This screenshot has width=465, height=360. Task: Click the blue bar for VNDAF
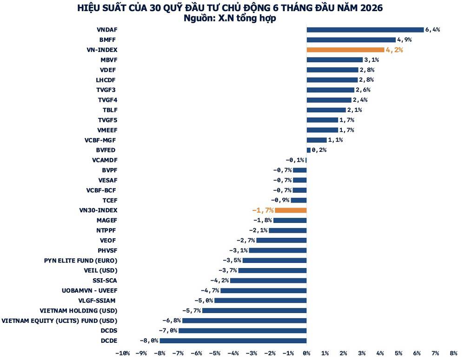(365, 30)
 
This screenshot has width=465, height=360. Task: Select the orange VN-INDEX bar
(345, 50)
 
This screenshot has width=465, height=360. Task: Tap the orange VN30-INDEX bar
(291, 210)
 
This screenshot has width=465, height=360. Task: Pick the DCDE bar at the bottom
(233, 341)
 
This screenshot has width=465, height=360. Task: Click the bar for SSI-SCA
(268, 281)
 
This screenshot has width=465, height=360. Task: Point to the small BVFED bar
(308, 150)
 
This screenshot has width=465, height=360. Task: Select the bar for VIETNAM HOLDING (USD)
(254, 310)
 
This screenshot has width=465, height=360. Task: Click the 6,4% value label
(432, 30)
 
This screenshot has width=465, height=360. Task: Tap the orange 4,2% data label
(394, 50)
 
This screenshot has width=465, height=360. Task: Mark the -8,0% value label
(149, 341)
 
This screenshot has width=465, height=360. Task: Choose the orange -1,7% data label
(263, 210)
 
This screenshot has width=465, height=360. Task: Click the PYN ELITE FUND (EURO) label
(80, 261)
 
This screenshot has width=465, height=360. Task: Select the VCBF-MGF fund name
(100, 140)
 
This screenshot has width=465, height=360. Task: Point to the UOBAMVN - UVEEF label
(90, 291)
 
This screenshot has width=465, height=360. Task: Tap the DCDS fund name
(109, 331)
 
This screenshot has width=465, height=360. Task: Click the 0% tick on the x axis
(306, 353)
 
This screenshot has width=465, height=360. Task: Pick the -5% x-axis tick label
(215, 353)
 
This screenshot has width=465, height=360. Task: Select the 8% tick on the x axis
(454, 353)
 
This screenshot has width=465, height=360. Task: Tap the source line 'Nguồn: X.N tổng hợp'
(230, 19)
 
